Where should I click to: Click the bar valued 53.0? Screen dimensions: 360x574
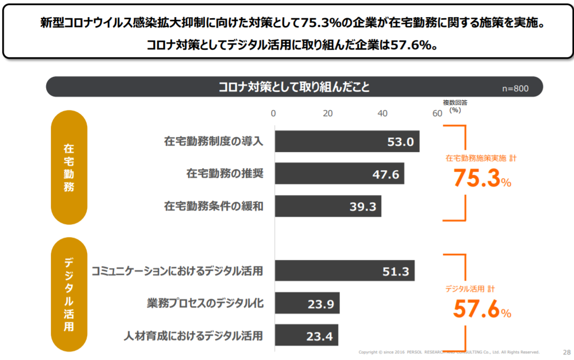[x=347, y=141]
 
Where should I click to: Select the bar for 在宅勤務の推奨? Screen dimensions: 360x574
[x=339, y=174]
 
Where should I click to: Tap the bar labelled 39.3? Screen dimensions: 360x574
[x=328, y=206]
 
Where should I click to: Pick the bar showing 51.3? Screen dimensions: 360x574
[x=344, y=271]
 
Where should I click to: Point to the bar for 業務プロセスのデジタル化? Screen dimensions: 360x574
[x=307, y=303]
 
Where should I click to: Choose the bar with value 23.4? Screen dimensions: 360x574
[x=306, y=335]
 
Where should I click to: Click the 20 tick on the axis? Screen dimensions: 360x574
[x=328, y=114]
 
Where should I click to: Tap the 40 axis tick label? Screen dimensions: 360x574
[x=383, y=114]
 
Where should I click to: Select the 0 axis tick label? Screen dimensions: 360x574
[x=274, y=114]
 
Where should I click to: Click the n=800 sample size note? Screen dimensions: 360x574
[x=515, y=89]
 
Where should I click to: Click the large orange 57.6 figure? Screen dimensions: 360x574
[x=477, y=309]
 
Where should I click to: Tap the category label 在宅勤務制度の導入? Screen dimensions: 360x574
[x=214, y=141]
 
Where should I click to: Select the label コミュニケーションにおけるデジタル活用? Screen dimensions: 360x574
[x=177, y=271]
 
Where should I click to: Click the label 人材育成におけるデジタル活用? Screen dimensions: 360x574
[x=193, y=336]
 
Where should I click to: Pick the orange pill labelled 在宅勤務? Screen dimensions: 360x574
[x=69, y=168]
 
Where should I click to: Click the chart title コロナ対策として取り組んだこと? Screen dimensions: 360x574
[x=294, y=87]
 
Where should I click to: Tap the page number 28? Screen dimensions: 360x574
[x=566, y=351]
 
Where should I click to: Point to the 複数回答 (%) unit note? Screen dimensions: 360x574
[x=455, y=106]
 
